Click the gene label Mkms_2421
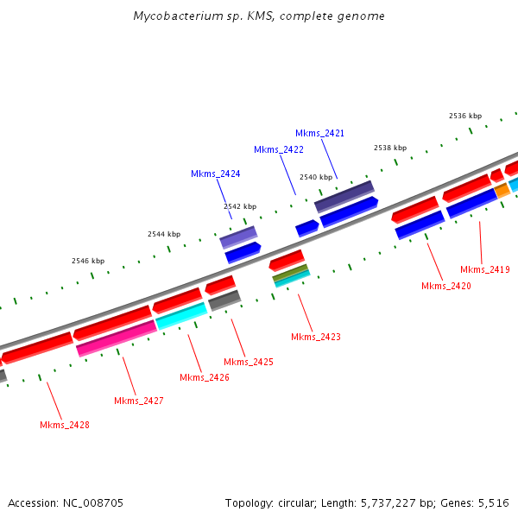(x=319, y=133)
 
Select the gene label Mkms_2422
(x=278, y=149)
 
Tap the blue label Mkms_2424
(x=215, y=174)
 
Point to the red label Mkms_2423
(x=315, y=337)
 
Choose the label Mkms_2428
(x=65, y=425)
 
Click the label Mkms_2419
(x=484, y=269)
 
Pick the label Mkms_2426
(x=205, y=377)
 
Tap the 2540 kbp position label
(x=315, y=177)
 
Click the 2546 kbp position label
(x=87, y=261)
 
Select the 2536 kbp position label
(x=465, y=116)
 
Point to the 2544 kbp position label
(x=164, y=234)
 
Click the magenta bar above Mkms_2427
(x=116, y=338)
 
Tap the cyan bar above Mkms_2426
(x=180, y=316)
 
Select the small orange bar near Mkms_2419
(x=502, y=191)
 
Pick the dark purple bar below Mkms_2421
(x=344, y=196)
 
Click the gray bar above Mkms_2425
(x=224, y=300)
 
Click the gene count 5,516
(x=492, y=502)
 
